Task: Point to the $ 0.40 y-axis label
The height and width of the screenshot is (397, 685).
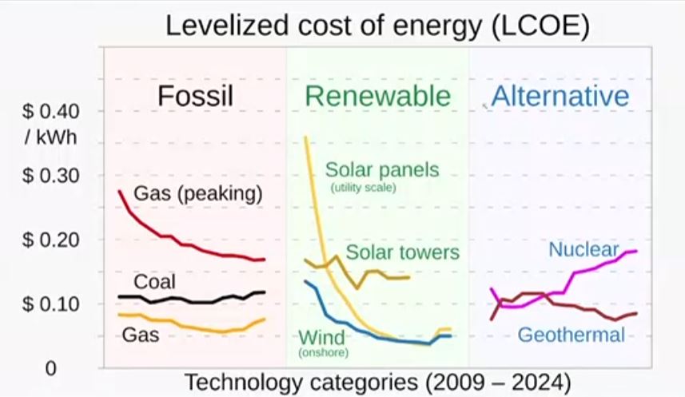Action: tap(50, 111)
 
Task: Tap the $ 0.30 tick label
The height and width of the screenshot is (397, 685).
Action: tap(50, 176)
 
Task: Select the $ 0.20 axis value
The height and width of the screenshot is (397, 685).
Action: tap(50, 240)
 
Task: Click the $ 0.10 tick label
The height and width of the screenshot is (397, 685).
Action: tap(50, 304)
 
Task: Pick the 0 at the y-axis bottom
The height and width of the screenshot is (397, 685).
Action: tap(50, 369)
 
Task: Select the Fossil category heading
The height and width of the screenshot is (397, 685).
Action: tap(195, 97)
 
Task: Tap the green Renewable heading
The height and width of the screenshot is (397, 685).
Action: tap(377, 97)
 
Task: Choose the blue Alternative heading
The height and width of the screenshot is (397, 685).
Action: tap(560, 97)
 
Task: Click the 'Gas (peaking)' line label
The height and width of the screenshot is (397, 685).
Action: tap(198, 194)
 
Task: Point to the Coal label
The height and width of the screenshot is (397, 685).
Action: tap(154, 281)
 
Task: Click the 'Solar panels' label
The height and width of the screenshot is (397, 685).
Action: tap(382, 170)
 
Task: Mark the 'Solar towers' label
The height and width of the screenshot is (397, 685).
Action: tap(402, 252)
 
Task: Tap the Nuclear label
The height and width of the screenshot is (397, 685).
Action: tap(583, 250)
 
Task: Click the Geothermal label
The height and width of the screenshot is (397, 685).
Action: tap(571, 335)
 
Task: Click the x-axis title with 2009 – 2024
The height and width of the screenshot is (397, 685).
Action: tap(378, 382)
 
